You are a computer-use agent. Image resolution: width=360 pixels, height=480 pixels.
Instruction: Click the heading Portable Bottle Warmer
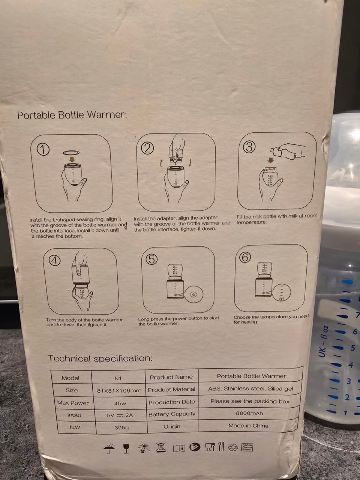click(72, 115)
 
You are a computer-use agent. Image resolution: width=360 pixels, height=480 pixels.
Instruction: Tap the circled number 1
click(43, 150)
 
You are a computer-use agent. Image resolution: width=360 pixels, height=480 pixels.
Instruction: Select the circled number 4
click(54, 261)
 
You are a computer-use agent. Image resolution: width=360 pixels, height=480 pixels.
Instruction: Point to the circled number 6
click(245, 257)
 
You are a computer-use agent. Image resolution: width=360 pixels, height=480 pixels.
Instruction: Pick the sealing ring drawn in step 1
click(71, 153)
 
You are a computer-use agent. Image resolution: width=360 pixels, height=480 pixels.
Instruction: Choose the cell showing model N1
click(118, 378)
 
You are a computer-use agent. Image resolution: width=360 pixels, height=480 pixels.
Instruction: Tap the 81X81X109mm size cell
click(119, 390)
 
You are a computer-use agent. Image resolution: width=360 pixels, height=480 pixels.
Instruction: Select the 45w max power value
click(120, 403)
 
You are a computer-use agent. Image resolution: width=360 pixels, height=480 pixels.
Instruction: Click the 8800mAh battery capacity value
click(249, 413)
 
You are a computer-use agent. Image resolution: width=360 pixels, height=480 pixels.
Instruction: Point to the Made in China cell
click(248, 426)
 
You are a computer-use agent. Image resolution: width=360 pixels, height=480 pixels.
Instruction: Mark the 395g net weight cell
click(121, 427)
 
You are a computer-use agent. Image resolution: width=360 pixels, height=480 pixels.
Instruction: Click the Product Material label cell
click(172, 390)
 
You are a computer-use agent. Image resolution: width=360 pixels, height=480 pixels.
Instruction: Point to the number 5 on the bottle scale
click(352, 348)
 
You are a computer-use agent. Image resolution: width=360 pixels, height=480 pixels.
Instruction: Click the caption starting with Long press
click(178, 321)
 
